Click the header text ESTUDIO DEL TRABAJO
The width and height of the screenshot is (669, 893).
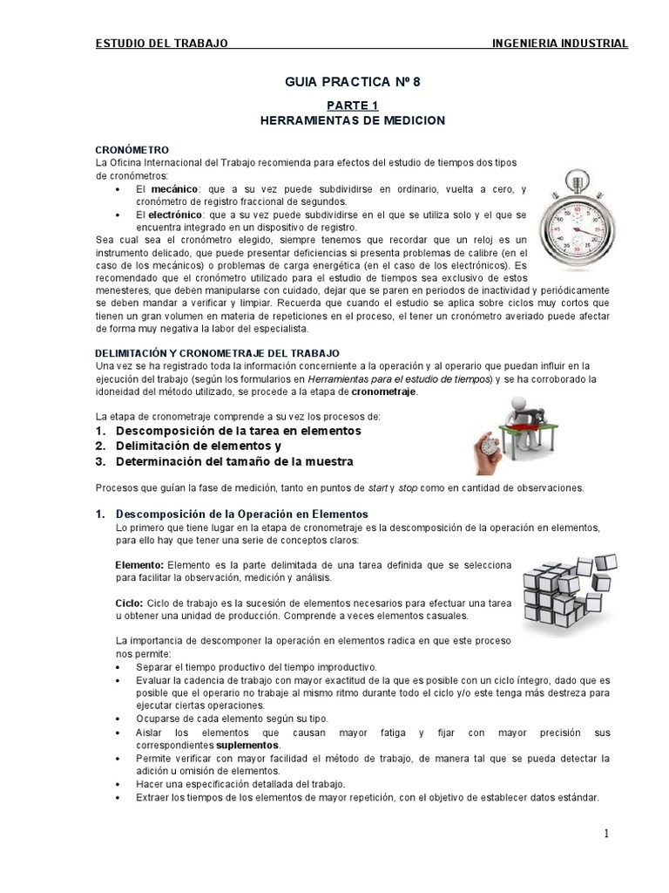click(x=161, y=43)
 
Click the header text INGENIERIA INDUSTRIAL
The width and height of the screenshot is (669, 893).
click(x=559, y=43)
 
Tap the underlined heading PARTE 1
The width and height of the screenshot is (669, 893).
click(x=334, y=106)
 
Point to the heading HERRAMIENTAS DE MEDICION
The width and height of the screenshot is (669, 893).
click(x=334, y=119)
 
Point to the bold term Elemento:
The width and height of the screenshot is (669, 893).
click(x=139, y=565)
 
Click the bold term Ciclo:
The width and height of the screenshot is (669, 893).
click(x=130, y=603)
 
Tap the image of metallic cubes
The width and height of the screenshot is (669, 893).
click(x=571, y=590)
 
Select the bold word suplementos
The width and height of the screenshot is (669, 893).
click(x=247, y=746)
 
